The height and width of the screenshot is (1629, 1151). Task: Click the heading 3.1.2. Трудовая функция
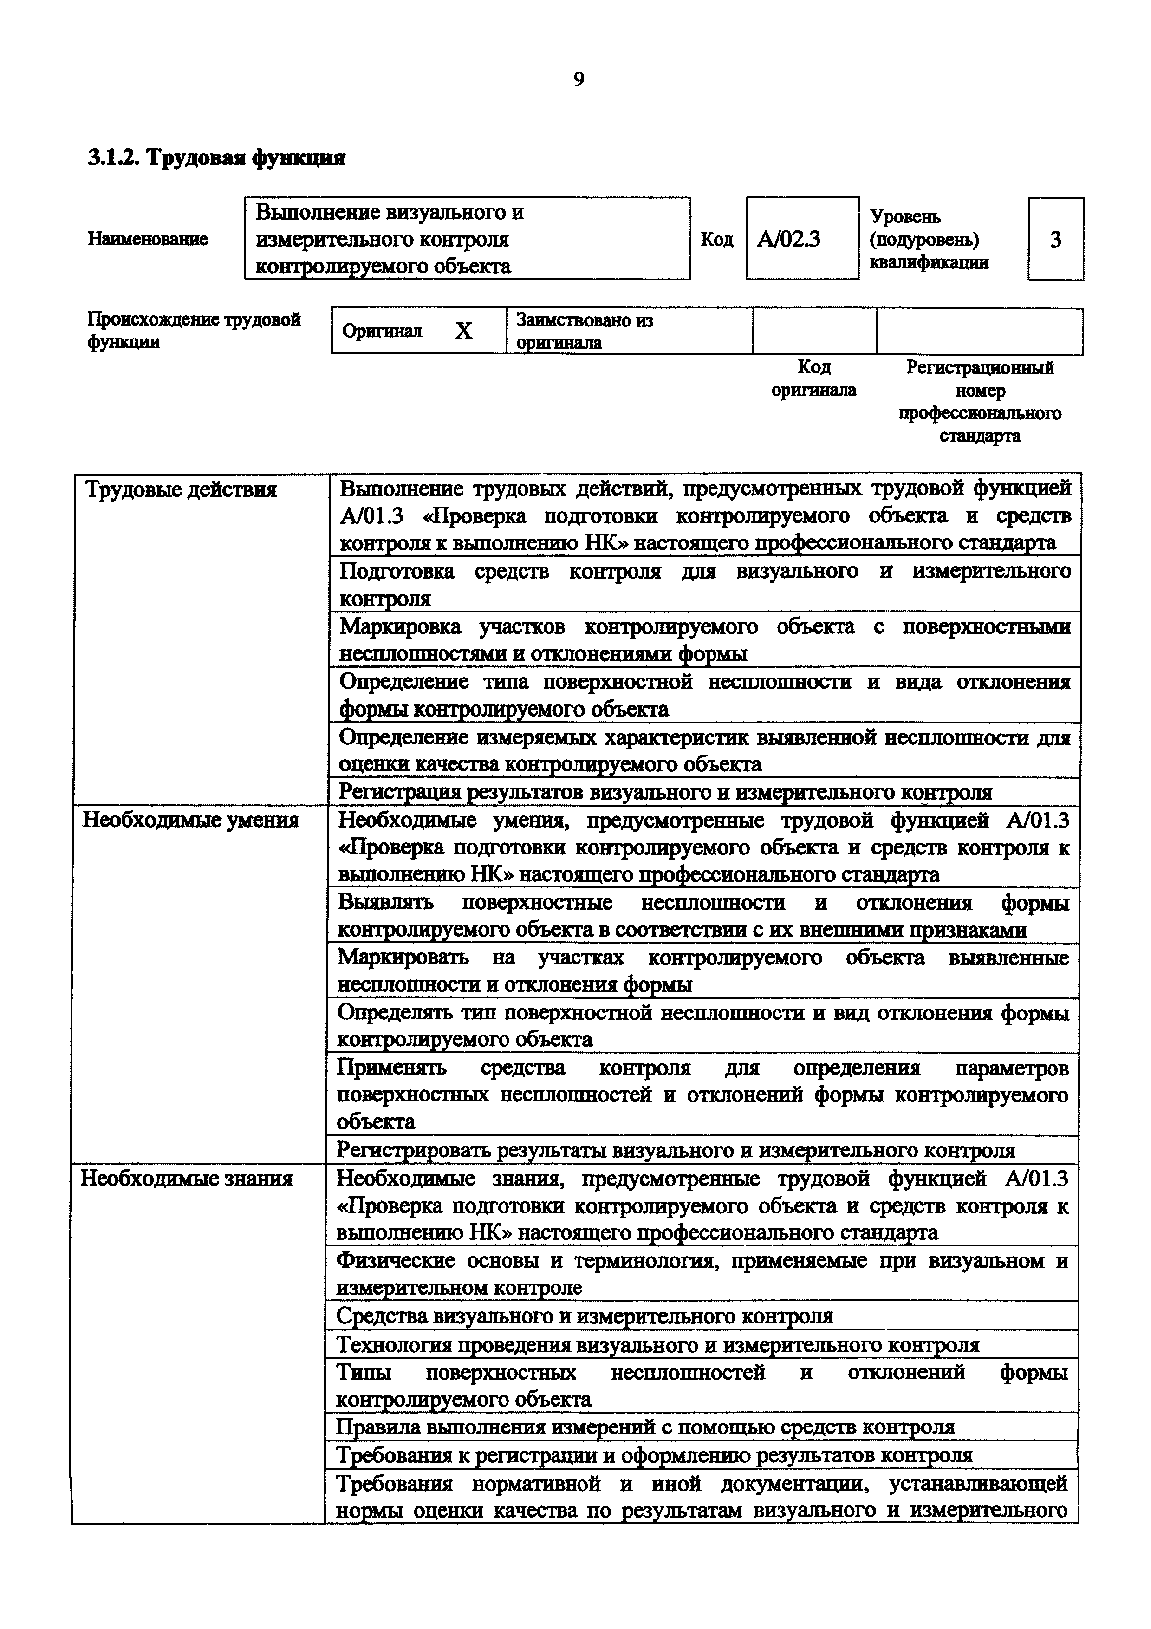(x=216, y=157)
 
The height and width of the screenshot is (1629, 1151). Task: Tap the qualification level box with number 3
(x=1055, y=239)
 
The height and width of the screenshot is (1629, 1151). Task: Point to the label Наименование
(x=148, y=239)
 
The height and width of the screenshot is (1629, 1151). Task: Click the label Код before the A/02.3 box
(x=716, y=239)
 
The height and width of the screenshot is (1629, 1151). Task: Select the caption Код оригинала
(x=813, y=378)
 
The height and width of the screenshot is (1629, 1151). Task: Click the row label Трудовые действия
(x=180, y=489)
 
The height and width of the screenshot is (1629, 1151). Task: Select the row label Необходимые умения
(x=191, y=820)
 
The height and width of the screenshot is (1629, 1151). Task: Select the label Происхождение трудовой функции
(x=194, y=331)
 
